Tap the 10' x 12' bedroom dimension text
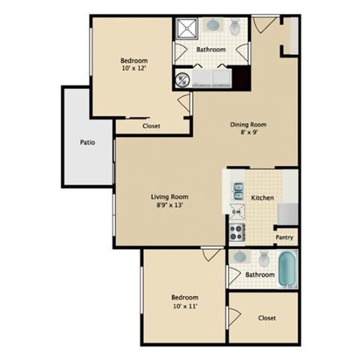point(134,68)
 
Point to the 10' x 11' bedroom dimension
point(184,305)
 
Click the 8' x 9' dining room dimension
point(248,134)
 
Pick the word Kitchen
point(262,198)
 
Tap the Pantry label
point(284,238)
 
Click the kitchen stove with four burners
point(236,233)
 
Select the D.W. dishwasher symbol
point(236,212)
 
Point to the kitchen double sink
point(238,190)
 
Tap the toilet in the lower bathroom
point(263,259)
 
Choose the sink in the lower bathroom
point(239,257)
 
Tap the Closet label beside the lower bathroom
point(266,318)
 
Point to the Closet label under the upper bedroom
point(151,126)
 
